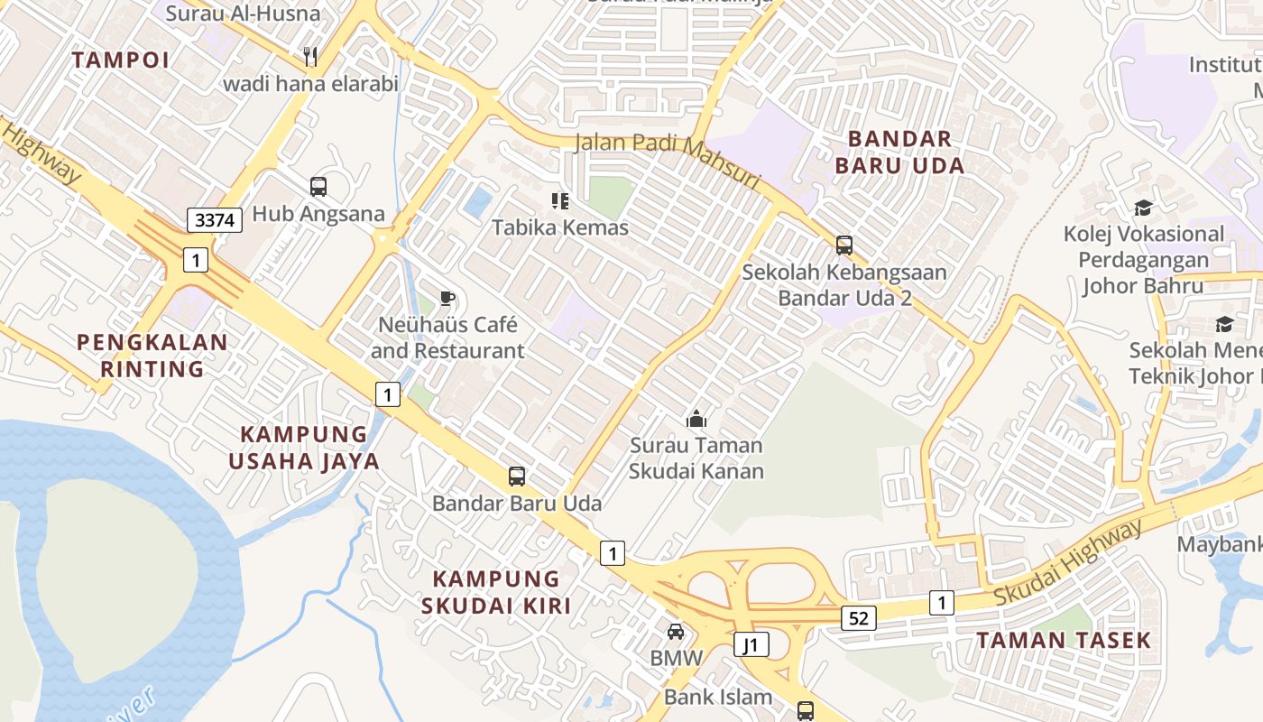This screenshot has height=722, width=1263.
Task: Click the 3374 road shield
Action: click(x=216, y=219)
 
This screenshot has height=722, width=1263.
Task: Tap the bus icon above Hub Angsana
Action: click(x=318, y=187)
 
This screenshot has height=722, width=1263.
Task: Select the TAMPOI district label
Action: click(x=120, y=60)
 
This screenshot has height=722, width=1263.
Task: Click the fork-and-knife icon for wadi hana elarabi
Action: click(x=310, y=57)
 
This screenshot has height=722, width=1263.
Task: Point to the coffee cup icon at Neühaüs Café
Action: click(x=447, y=298)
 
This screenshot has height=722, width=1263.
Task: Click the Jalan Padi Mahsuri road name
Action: click(x=668, y=157)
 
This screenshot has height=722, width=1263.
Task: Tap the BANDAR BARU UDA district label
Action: click(x=899, y=152)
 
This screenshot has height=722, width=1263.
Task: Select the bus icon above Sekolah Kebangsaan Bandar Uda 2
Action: click(x=844, y=245)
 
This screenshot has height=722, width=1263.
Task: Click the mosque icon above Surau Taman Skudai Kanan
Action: click(x=696, y=419)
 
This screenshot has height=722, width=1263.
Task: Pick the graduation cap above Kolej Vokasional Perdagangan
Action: click(x=1143, y=208)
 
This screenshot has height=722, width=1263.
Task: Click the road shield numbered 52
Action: click(x=858, y=618)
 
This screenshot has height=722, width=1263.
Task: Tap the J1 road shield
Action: click(x=751, y=644)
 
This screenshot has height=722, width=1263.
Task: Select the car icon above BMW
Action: click(x=676, y=632)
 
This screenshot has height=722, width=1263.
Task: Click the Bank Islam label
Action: click(x=718, y=697)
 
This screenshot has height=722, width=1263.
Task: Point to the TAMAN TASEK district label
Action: click(x=1064, y=640)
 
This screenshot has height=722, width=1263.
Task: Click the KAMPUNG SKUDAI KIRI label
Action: click(x=496, y=592)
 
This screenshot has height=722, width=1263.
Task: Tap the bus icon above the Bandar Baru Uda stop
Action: click(x=517, y=477)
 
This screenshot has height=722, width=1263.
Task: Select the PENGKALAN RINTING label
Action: click(x=152, y=356)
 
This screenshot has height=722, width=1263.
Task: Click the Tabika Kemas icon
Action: click(x=560, y=200)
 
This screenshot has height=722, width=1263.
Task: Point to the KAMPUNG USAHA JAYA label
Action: click(x=304, y=448)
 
